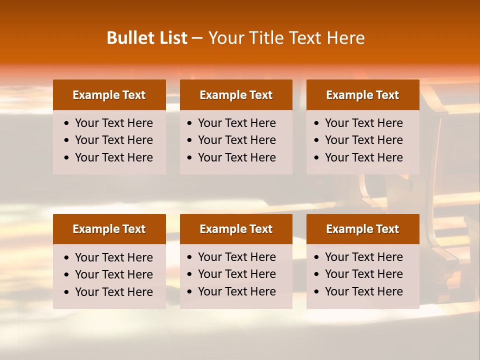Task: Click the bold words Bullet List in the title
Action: point(147,38)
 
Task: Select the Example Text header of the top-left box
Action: point(109,95)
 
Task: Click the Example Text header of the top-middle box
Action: point(236,95)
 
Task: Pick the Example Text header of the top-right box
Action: point(362,95)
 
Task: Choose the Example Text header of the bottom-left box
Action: point(109,229)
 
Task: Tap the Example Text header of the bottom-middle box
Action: point(236,229)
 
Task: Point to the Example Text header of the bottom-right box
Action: point(362,229)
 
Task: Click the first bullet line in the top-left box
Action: point(113,123)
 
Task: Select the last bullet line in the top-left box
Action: point(113,157)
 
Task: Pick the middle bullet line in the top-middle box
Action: point(236,140)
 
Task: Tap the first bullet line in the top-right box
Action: point(363,123)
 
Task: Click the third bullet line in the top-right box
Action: point(363,157)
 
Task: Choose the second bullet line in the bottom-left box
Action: point(113,274)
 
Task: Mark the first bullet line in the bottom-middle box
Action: point(236,257)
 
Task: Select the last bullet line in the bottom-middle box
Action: point(236,291)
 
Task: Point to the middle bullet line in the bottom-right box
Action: point(363,274)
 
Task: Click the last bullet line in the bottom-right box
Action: point(363,291)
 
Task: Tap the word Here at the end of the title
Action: point(345,38)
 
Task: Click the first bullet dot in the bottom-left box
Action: point(67,258)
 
